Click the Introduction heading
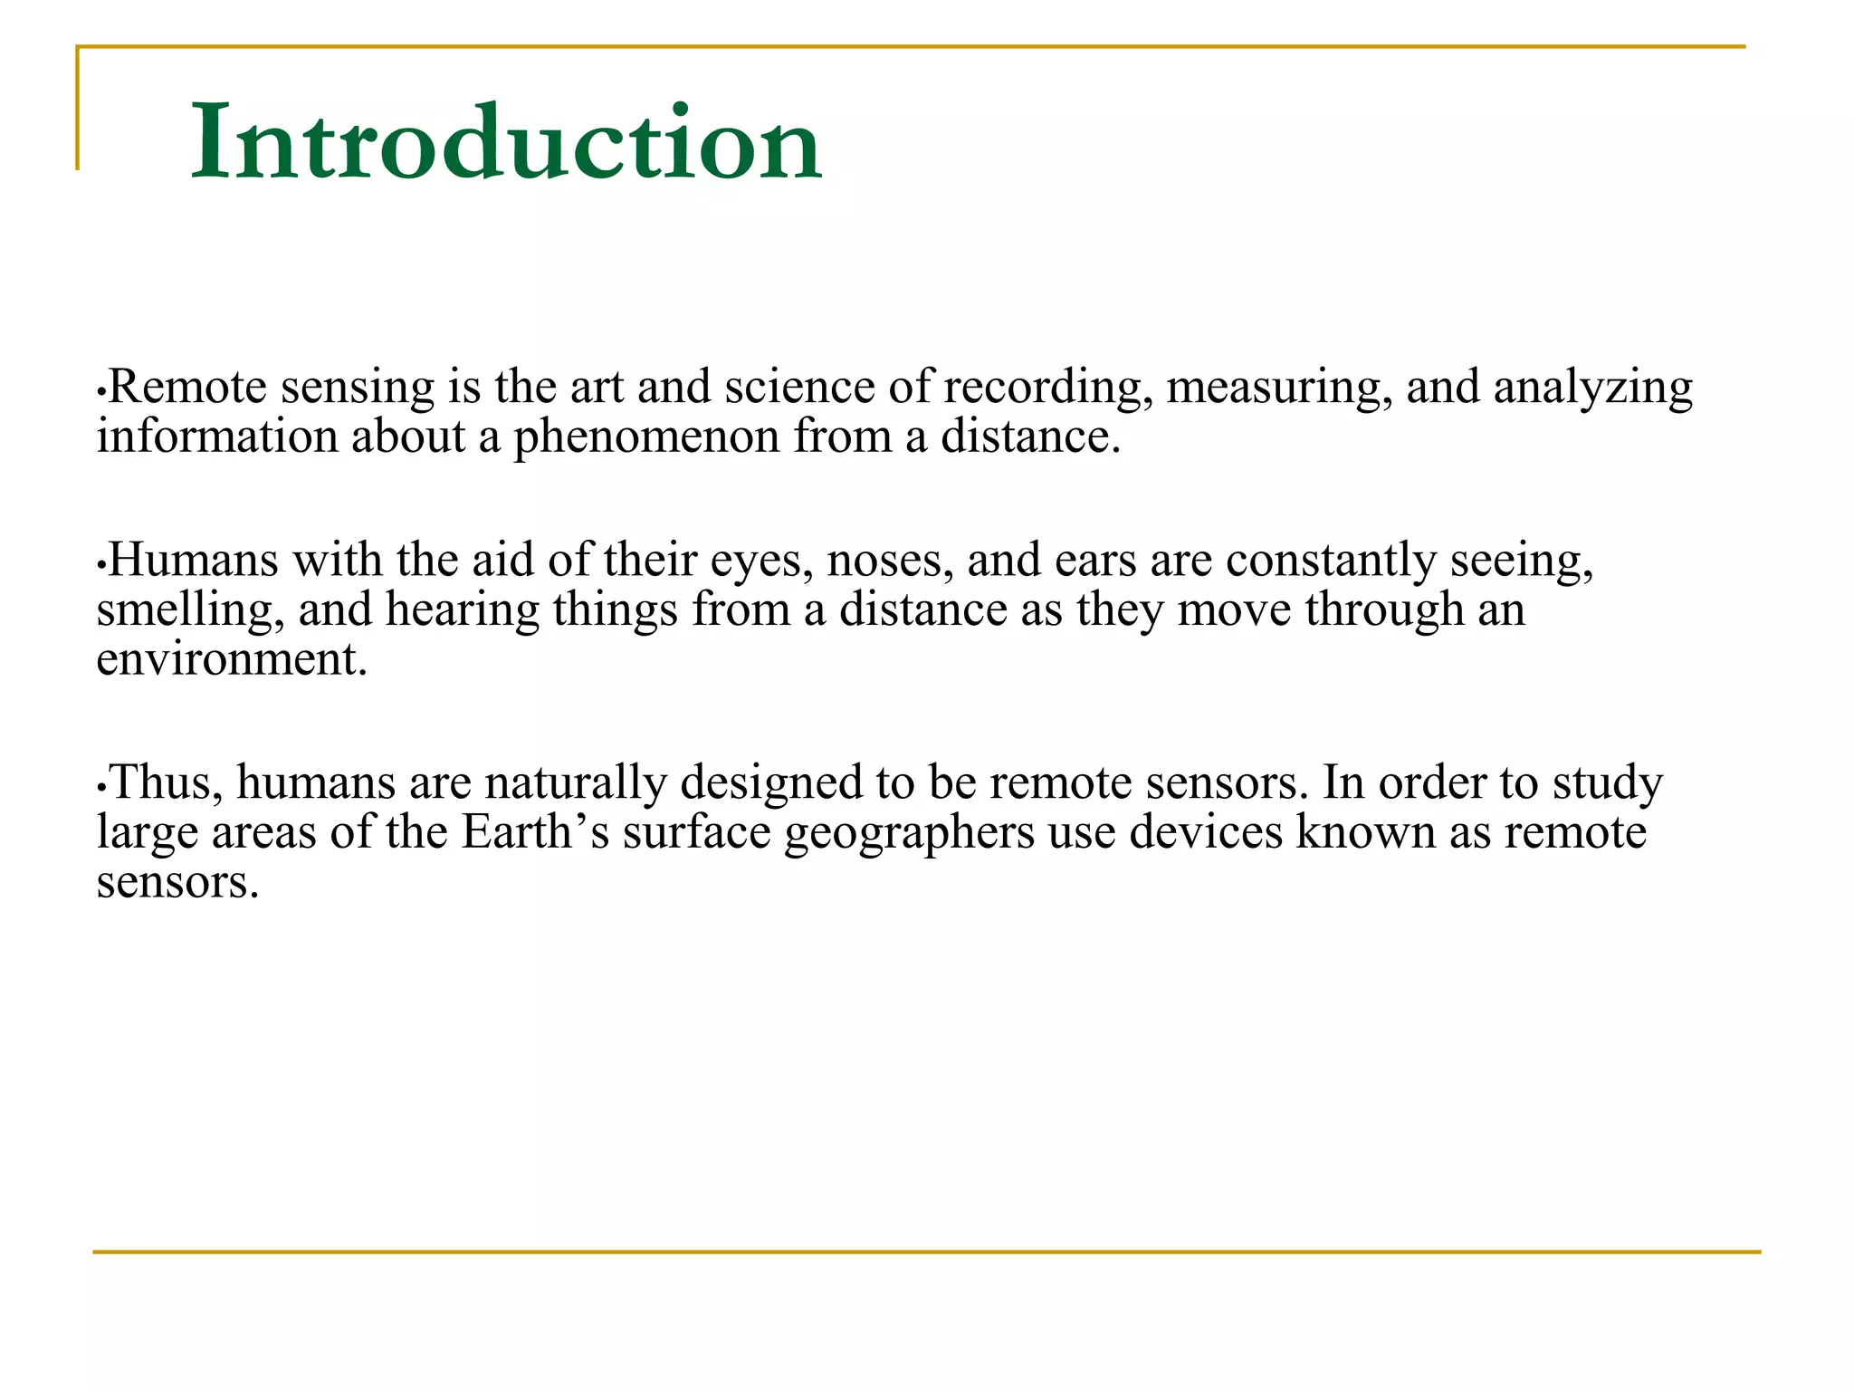click(505, 142)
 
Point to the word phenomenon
click(646, 438)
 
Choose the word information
click(217, 436)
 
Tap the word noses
click(890, 561)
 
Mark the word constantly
click(1331, 561)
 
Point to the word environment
click(232, 659)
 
